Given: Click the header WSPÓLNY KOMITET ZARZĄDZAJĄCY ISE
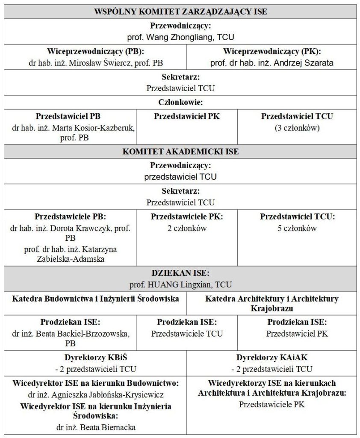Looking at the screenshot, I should point(180,12).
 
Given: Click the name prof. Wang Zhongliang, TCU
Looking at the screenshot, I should point(180,37).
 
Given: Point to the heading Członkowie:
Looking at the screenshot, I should point(180,102).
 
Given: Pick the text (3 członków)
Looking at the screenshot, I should point(297,127).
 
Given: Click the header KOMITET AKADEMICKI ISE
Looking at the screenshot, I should point(180,151).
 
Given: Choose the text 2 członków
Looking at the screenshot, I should point(187,228).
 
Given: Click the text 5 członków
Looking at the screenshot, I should point(297,228).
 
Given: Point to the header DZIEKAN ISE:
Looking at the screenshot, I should point(180,273).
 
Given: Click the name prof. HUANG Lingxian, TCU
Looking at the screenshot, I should point(180,284).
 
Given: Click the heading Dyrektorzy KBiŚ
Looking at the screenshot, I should point(95,358).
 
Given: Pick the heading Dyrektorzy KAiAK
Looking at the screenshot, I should point(271,358).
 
